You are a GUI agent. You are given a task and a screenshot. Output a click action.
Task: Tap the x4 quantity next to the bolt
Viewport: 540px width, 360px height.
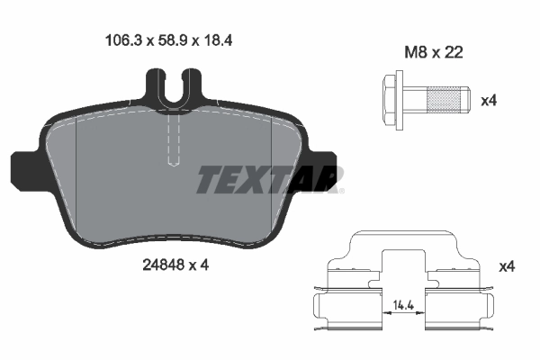pos(489,100)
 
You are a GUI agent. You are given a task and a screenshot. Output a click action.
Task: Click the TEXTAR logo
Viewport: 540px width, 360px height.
pos(269,179)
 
